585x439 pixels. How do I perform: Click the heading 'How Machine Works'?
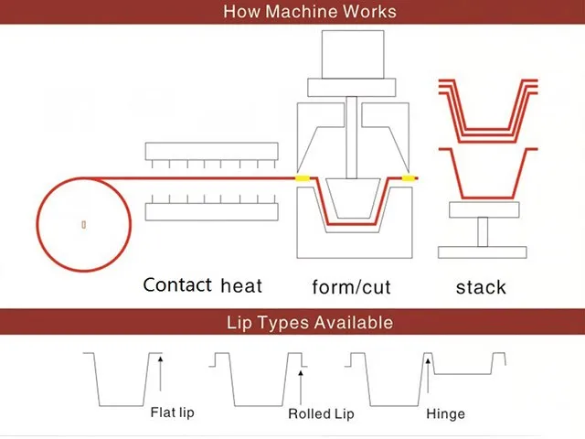coord(310,12)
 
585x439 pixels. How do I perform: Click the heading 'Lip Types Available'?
coord(310,322)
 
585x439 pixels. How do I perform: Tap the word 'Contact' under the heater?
coord(177,284)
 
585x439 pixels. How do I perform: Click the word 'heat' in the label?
coord(241,285)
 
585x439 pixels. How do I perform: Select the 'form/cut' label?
coord(351,287)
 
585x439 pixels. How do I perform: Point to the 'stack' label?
coord(481,287)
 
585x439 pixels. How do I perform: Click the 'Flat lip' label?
coord(172,412)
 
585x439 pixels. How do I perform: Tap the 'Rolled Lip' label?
coord(321,414)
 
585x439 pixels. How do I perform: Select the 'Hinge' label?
coord(445,414)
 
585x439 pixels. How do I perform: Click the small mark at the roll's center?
coord(83,223)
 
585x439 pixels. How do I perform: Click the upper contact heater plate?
coord(211,149)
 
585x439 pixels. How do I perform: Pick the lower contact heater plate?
coord(211,211)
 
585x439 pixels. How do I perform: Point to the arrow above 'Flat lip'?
coord(160,376)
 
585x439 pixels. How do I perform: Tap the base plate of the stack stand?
coord(482,252)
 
